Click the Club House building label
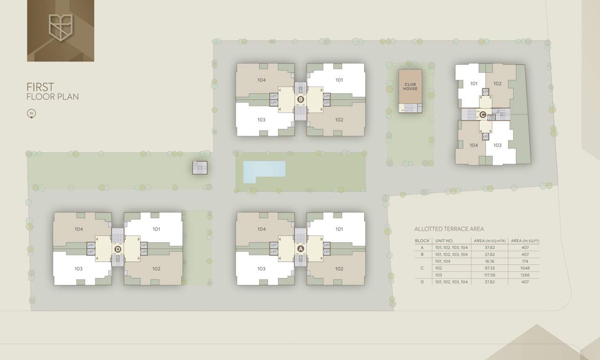pos(410,86)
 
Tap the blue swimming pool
pos(264,171)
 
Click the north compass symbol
pos(31,113)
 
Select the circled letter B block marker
pos(300,99)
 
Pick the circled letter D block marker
pos(118,249)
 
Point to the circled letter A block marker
pos(300,249)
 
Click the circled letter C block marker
pos(483,114)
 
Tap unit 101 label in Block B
pos(339,80)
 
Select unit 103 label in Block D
pos(78,269)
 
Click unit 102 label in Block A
pos(339,269)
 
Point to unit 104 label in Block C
pos(474,145)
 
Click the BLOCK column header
pos(422,241)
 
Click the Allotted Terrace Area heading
pos(449,229)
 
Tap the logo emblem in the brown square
pos(61,27)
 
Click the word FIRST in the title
pos(40,87)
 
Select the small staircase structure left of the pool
pos(200,167)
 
